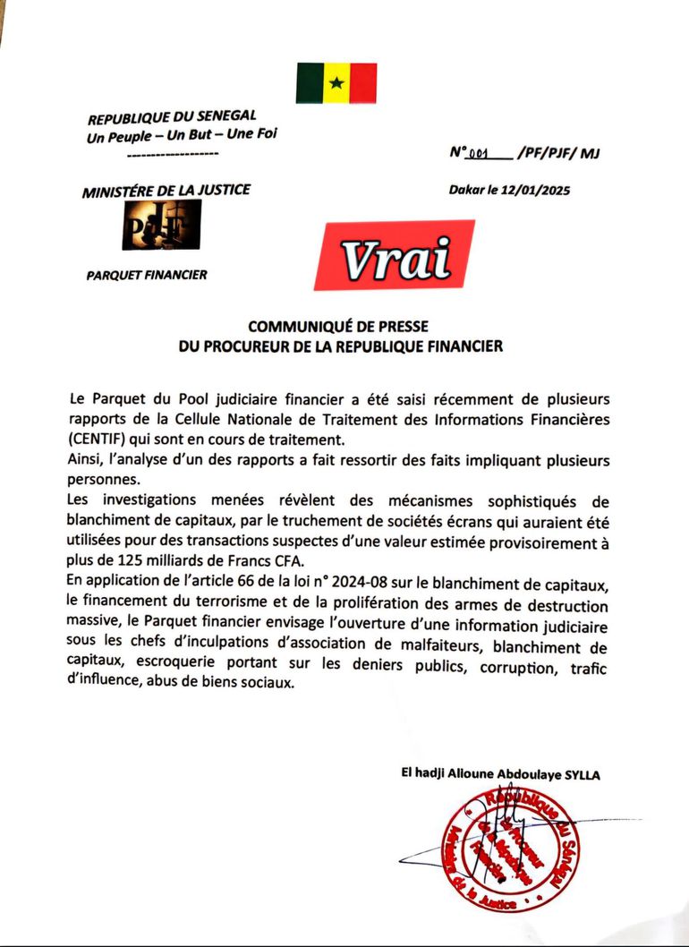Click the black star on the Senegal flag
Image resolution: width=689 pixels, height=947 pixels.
336,83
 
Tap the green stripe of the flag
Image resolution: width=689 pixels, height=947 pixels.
310,83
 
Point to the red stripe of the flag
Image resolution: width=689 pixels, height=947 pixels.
363,83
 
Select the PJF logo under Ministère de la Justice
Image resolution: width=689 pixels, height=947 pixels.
161,224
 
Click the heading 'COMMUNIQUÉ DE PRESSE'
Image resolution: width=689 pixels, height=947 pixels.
340,328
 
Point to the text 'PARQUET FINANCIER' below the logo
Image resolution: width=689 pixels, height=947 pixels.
147,275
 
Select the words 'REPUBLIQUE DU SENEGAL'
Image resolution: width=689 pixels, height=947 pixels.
172,117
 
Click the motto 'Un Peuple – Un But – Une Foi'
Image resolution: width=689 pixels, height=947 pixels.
183,135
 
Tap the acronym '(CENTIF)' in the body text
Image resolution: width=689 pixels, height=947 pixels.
102,439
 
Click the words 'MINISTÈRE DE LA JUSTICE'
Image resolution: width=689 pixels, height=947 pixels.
166,190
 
